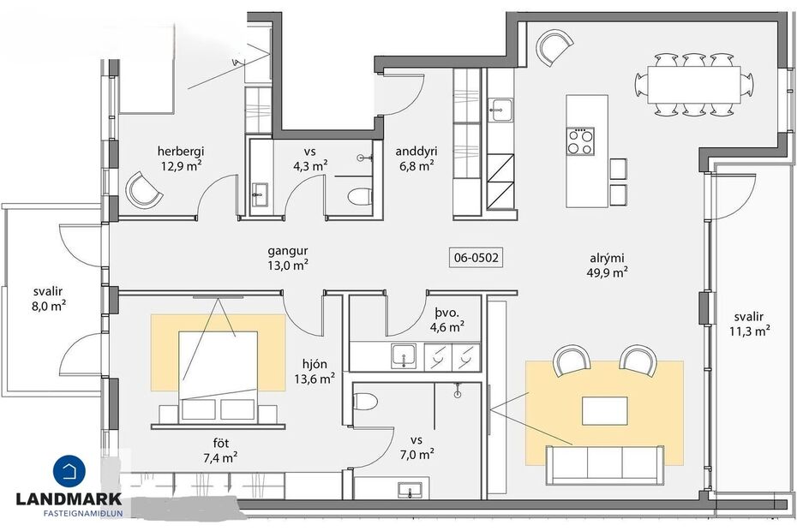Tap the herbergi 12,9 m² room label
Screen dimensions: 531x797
180,159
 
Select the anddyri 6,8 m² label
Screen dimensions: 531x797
414,159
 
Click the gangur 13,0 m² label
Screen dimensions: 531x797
286,258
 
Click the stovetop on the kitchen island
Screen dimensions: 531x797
580,141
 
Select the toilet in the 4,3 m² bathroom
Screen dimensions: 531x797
359,196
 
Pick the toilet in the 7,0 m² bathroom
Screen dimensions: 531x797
365,403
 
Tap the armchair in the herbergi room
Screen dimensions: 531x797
144,189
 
